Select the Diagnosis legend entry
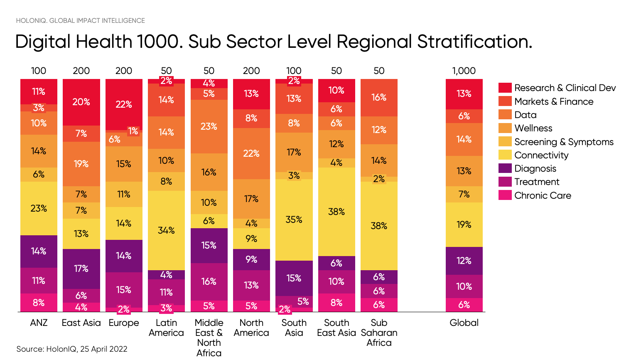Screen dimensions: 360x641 point(535,168)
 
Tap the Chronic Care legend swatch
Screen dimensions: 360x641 point(505,195)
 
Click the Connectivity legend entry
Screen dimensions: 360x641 point(541,155)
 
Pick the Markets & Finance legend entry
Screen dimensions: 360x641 point(553,101)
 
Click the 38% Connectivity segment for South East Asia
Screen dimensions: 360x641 point(336,212)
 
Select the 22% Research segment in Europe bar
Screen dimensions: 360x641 point(124,104)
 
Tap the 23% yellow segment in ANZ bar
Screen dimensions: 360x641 point(39,208)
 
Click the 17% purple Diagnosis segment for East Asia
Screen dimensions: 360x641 point(81,269)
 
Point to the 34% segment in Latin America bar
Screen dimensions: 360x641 point(166,230)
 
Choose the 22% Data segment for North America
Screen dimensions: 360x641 point(251,153)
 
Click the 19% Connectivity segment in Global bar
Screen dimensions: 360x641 point(464,224)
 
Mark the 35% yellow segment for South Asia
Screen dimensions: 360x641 point(294,219)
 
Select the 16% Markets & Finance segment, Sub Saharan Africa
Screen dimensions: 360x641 point(379,97)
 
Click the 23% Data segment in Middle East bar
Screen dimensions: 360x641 point(209,126)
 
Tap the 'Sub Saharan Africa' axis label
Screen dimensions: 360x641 point(379,333)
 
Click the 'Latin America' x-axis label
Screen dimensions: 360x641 point(166,328)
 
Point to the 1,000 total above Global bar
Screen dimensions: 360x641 point(464,71)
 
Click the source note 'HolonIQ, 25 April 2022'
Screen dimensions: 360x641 point(72,349)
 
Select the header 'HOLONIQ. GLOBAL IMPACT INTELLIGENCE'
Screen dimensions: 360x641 point(80,20)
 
